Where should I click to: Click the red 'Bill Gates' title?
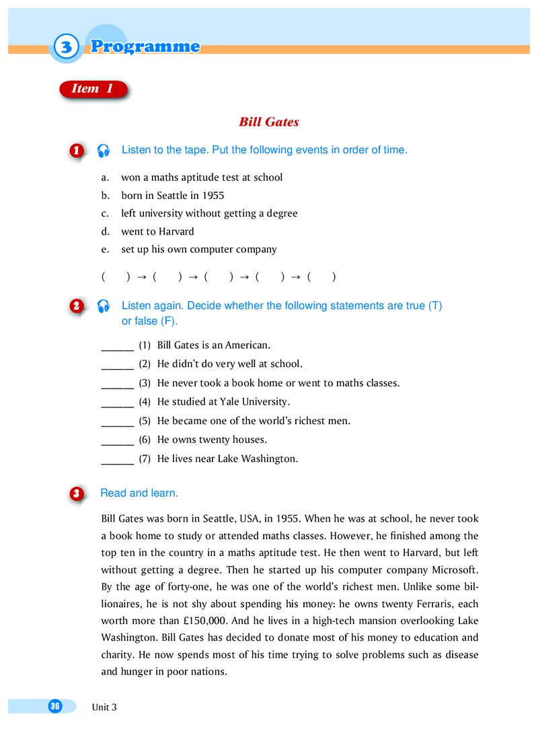(x=268, y=122)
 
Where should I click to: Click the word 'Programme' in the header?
(x=145, y=46)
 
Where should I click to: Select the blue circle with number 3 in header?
(x=65, y=47)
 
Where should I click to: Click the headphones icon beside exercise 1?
(x=103, y=151)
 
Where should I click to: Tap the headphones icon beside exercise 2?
(x=103, y=307)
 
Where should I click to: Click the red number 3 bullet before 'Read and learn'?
(x=77, y=494)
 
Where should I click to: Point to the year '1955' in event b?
(x=213, y=196)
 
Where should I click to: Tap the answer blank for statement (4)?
(x=117, y=402)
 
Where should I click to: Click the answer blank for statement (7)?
(x=117, y=459)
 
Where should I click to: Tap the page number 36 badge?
(x=54, y=705)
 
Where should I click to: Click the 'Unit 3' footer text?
(x=104, y=707)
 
